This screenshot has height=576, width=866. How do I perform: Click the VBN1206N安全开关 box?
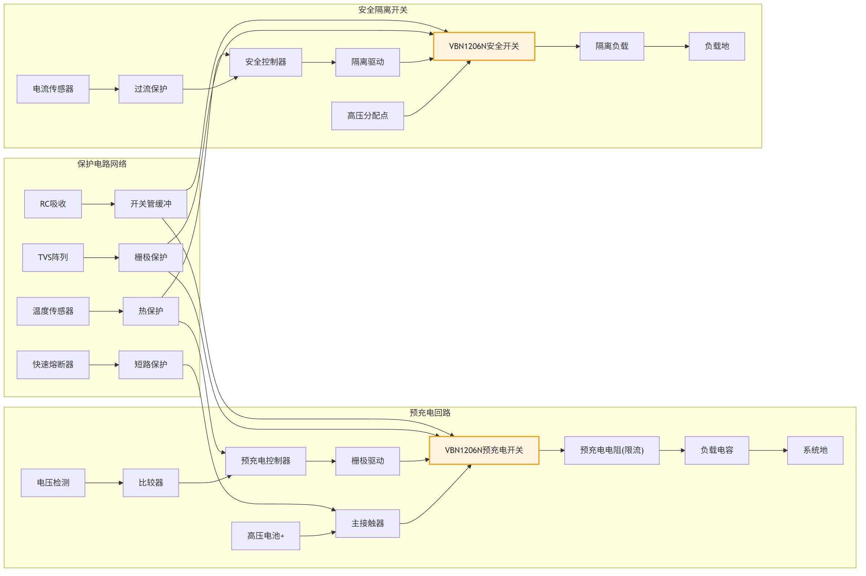tap(484, 46)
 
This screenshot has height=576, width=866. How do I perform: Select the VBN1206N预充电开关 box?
tap(484, 450)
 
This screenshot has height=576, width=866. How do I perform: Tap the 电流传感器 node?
tap(53, 89)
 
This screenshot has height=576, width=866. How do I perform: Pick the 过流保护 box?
tap(151, 89)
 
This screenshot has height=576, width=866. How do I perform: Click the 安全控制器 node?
tap(266, 62)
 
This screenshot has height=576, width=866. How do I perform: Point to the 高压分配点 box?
tap(368, 116)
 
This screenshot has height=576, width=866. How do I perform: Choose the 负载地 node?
tap(716, 46)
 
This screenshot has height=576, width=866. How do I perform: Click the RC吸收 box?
tap(53, 204)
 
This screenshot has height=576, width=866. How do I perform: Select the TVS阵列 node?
tap(53, 258)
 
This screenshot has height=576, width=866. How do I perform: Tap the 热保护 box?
tap(151, 311)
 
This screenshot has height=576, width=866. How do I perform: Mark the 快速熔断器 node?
tap(53, 365)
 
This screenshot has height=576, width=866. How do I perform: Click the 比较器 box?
tap(151, 483)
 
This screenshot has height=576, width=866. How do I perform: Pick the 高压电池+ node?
tap(266, 536)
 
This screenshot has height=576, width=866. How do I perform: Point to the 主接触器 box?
tap(368, 523)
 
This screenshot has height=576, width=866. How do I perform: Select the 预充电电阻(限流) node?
tap(611, 450)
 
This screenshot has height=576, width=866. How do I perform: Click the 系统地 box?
tap(815, 450)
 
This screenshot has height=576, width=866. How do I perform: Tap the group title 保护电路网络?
tap(102, 164)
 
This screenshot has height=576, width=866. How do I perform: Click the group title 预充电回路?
tap(430, 412)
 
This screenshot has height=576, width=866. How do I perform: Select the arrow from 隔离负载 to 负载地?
tap(666, 46)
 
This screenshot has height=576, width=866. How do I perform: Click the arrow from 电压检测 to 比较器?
tap(104, 483)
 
